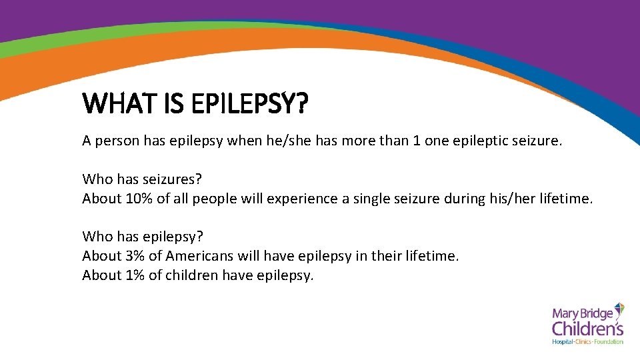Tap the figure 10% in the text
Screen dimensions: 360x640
pos(139,199)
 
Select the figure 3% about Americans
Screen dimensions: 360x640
pos(135,256)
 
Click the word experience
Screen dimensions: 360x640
pos(298,199)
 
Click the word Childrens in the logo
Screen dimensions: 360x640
pos(587,327)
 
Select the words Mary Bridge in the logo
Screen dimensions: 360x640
pos(581,313)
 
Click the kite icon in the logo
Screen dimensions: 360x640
pos(619,309)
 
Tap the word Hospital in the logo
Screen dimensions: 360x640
pos(564,341)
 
